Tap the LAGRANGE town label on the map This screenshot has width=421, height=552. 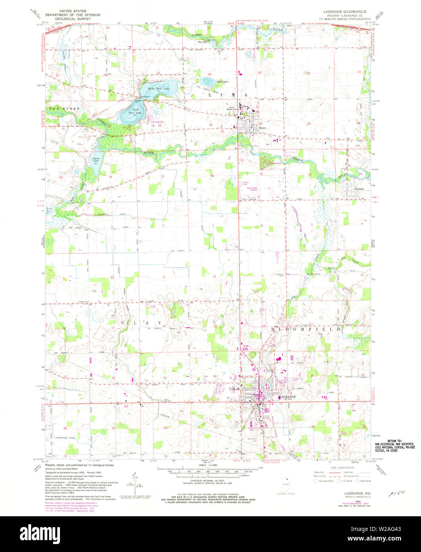point(287,397)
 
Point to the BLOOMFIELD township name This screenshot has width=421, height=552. point(306,329)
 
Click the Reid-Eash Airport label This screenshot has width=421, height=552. point(253,189)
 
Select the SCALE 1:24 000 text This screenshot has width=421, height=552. point(210,465)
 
